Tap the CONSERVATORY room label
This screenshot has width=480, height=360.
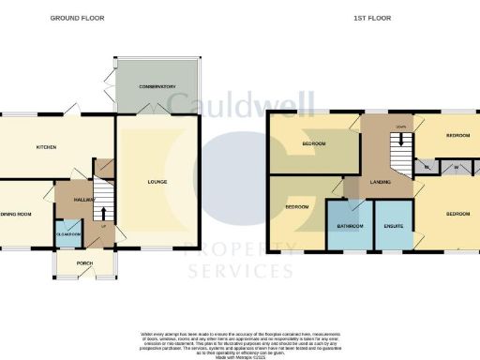coord(158,86)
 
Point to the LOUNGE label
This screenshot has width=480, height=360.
coord(157,180)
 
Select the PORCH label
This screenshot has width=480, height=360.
coord(84,262)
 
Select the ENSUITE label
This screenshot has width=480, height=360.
coord(393,226)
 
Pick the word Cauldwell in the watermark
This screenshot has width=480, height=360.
coord(239,105)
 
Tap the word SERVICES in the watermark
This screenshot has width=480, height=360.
coord(240,272)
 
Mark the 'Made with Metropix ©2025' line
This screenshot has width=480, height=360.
coord(240,357)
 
